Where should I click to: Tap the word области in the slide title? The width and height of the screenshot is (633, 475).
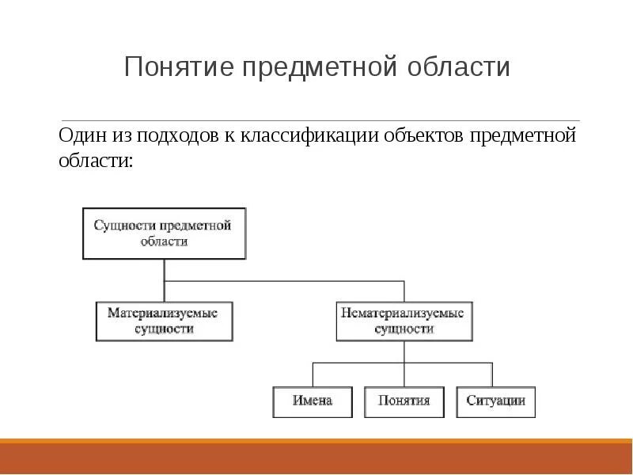click(x=458, y=66)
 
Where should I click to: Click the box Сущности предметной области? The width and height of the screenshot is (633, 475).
click(x=164, y=234)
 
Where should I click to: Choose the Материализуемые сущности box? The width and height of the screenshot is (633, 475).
click(x=164, y=321)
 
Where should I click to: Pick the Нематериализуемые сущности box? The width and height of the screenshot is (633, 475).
click(x=404, y=321)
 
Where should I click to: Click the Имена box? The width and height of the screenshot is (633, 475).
click(x=313, y=401)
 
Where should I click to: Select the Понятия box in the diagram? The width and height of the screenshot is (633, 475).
click(x=404, y=401)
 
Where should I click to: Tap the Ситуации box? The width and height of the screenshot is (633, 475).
click(x=495, y=401)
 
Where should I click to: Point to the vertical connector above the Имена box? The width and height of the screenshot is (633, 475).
click(x=313, y=374)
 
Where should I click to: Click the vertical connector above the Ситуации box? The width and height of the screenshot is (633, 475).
click(x=493, y=374)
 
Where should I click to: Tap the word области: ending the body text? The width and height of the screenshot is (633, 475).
click(x=96, y=160)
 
